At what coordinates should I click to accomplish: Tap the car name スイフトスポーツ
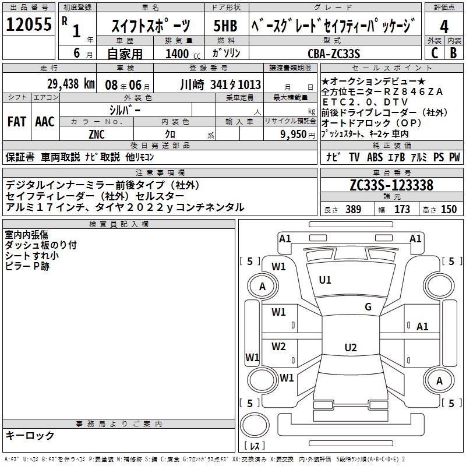coord(149,26)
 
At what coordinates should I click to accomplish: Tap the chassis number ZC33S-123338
coord(391,186)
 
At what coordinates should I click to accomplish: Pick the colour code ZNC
coord(97,134)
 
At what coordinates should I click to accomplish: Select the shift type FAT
coord(16,122)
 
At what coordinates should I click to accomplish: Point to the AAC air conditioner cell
coord(44,122)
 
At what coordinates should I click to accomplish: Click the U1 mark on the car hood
coord(325,280)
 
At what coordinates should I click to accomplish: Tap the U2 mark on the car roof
coord(350,348)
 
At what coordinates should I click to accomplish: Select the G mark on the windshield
coord(368,307)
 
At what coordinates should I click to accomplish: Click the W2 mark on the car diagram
coord(279,347)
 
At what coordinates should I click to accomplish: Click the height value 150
coord(449,210)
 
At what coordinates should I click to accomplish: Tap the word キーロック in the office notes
coord(30,436)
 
